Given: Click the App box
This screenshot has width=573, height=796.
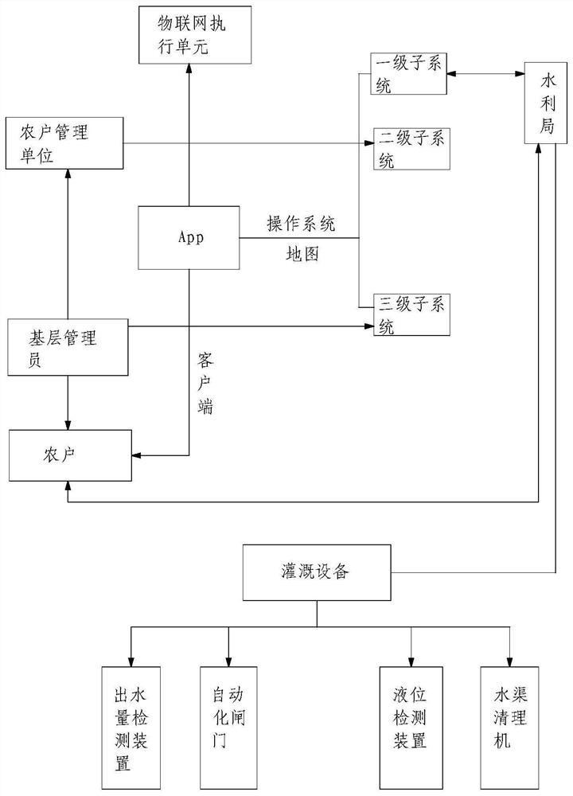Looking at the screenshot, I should [189, 237].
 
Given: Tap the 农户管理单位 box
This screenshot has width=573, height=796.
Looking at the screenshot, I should [67, 143].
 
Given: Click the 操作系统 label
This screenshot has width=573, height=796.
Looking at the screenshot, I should [301, 225].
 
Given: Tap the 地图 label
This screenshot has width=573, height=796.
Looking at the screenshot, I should [301, 256].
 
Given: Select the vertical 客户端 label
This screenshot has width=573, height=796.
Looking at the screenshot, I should [205, 383].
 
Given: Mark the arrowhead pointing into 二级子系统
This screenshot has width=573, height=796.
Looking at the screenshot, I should [368, 143].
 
